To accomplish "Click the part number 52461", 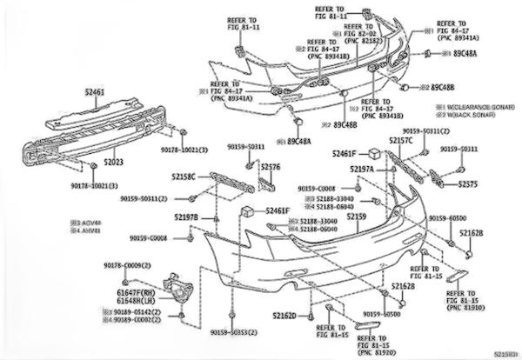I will [x=95, y=91].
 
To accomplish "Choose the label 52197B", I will [x=186, y=216].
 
